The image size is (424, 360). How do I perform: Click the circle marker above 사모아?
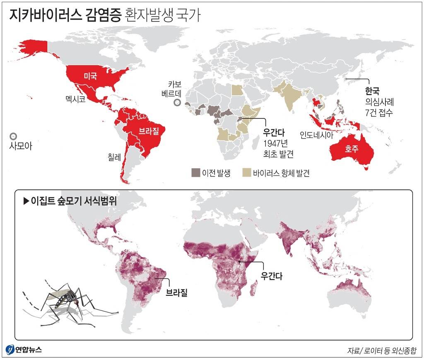[x=13, y=136]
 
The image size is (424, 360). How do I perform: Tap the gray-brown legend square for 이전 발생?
[x=195, y=172]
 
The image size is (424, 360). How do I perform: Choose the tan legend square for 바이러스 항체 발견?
[x=247, y=172]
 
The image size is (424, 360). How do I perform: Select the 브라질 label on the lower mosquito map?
[x=176, y=293]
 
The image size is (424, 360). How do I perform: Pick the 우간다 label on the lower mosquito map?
[x=271, y=275]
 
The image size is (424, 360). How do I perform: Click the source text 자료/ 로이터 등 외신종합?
[x=381, y=350]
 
